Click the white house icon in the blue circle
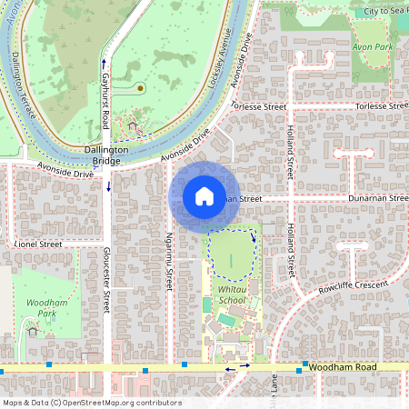click(204, 195)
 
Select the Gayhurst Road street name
click(105, 101)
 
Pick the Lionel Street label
click(39, 244)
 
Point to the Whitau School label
click(232, 294)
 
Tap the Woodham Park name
click(41, 308)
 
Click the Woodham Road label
click(341, 364)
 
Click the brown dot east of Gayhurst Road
click(141, 88)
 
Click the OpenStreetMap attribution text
click(91, 403)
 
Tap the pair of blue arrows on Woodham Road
click(237, 369)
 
